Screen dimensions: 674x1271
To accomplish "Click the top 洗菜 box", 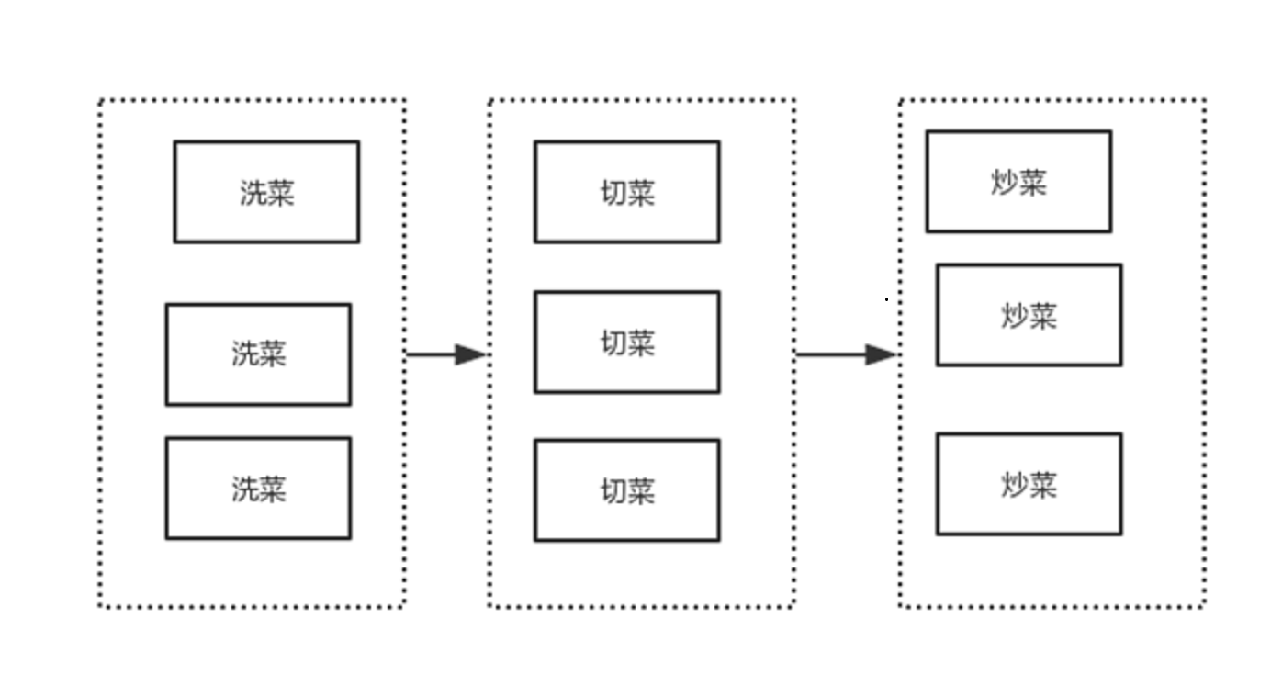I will point(266,192).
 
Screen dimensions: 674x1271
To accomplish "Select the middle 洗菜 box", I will point(258,354).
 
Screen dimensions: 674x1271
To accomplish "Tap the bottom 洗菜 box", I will point(258,488).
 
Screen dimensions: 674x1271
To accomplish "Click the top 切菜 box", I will point(627,192).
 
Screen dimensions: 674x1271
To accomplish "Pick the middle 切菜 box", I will point(627,343).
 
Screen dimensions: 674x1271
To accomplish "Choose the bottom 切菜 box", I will point(627,490).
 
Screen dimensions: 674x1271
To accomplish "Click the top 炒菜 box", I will point(1018,182).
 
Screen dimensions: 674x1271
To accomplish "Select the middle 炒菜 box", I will point(1029,315).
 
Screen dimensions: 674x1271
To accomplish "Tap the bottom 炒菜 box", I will point(1029,484).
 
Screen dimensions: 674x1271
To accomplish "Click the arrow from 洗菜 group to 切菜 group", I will point(441,354).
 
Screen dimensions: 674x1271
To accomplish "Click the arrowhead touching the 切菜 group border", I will point(472,354).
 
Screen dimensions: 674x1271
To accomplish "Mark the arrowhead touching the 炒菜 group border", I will point(882,354).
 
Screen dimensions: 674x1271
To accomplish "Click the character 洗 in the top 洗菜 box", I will point(253,193).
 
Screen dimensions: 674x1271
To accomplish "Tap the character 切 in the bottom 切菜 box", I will point(613,491).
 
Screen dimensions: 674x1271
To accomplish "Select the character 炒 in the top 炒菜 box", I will point(1005,183).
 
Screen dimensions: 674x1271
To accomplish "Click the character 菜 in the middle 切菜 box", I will point(641,343).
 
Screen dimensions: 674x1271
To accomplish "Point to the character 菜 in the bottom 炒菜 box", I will point(1042,485).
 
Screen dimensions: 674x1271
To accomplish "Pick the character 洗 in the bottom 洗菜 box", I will point(244,489).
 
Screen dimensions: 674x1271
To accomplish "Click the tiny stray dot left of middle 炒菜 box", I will point(886,299).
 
